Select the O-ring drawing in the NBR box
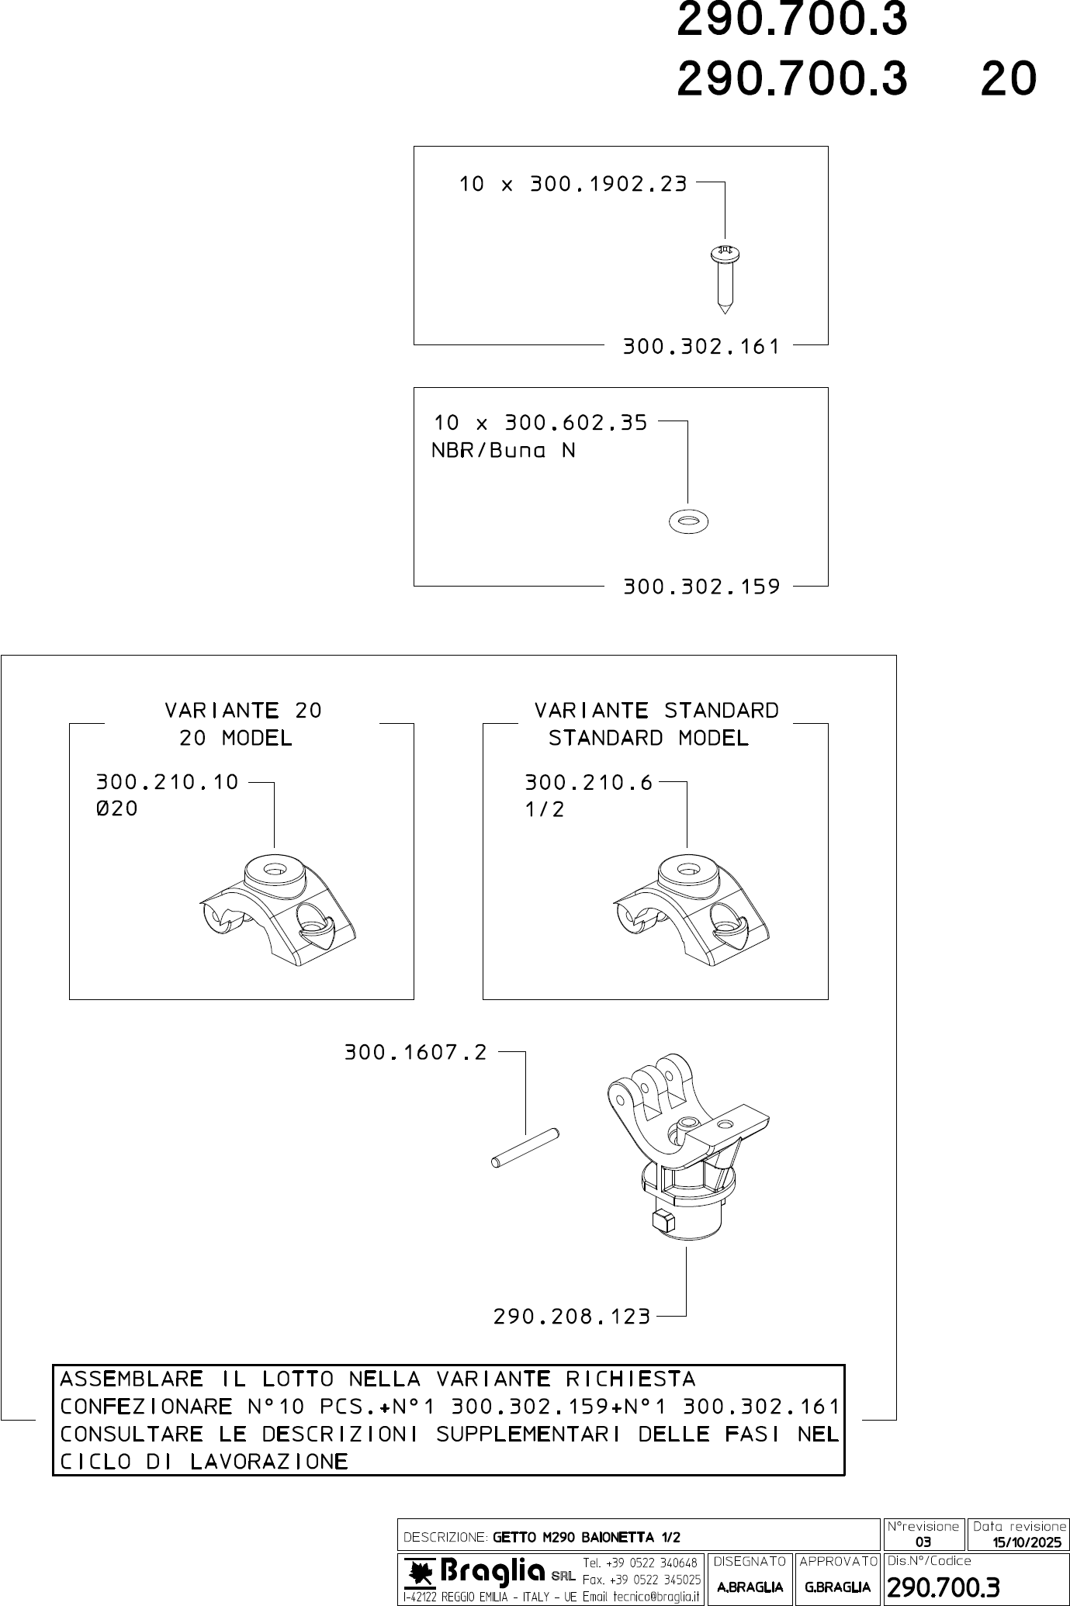coord(687,521)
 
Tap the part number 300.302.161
coord(701,347)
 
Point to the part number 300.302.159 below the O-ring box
coord(701,587)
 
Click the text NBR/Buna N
coord(504,451)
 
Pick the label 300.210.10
coord(167,782)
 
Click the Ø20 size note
coord(116,809)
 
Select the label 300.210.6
coord(589,782)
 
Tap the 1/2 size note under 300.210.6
coord(545,810)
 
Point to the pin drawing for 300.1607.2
coord(526,1147)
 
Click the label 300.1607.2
coord(416,1053)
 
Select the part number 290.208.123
coord(572,1317)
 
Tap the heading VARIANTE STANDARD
coord(656,711)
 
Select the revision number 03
coord(923,1542)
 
